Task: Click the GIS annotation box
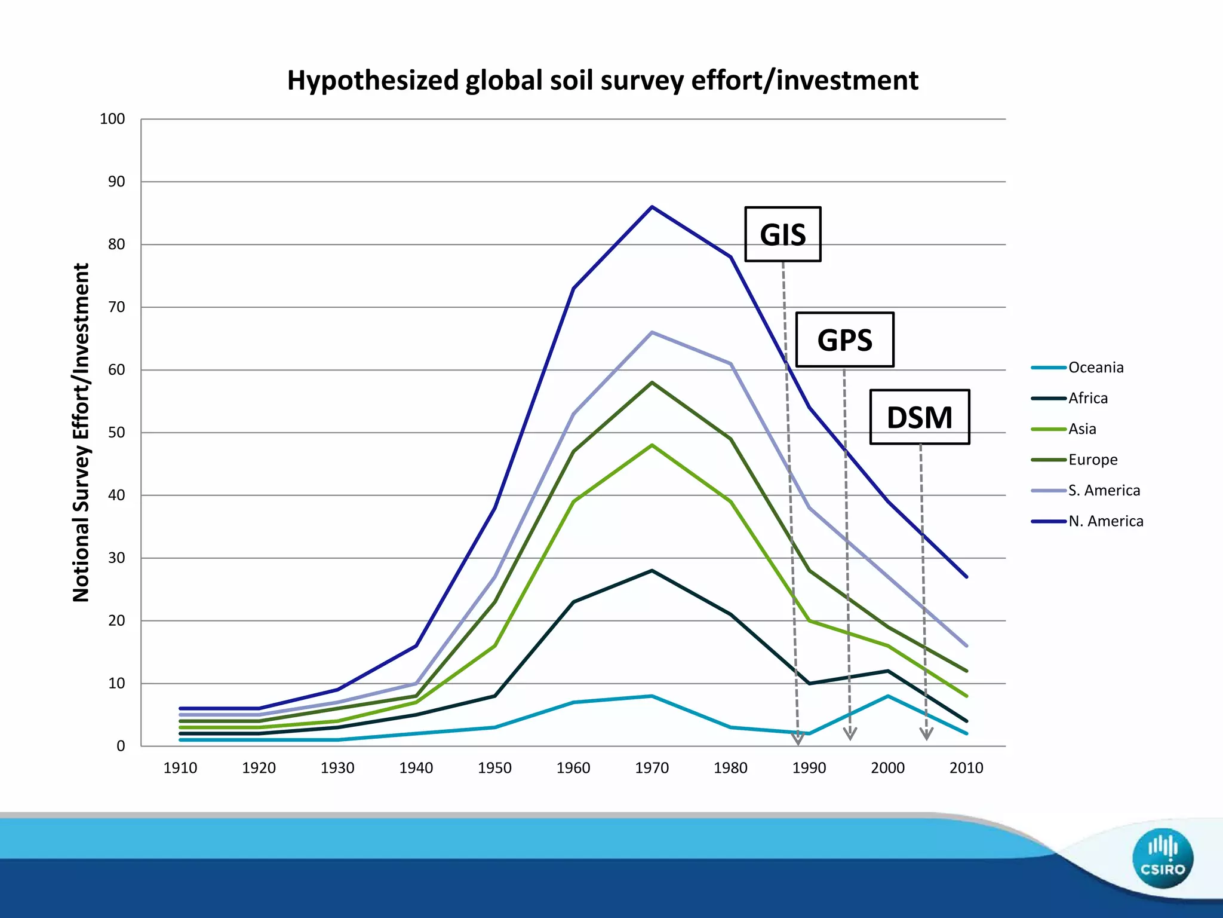click(782, 234)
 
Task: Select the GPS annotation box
click(844, 339)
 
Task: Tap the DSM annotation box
click(919, 417)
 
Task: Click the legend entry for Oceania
click(1095, 368)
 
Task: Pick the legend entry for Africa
click(1087, 398)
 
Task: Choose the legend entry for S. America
click(1104, 491)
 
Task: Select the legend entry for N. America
click(1105, 521)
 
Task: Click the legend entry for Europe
click(1092, 460)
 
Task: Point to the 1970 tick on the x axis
click(652, 767)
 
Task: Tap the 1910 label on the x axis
click(180, 767)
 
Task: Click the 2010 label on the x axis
click(966, 767)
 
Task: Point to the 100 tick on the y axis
click(112, 119)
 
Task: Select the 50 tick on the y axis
click(116, 432)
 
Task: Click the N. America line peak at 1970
click(652, 207)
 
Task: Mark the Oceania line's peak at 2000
click(888, 696)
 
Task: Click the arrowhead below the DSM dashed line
click(926, 734)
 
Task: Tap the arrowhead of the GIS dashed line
click(798, 739)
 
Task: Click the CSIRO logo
click(1162, 858)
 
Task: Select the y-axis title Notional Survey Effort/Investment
click(81, 432)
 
